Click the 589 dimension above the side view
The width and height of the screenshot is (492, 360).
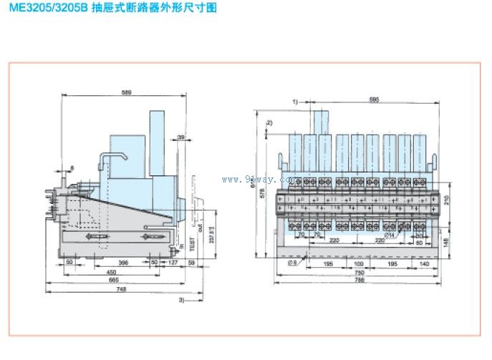click(x=127, y=93)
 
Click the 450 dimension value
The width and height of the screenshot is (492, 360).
click(x=112, y=272)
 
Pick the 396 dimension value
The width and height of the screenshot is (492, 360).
click(x=105, y=263)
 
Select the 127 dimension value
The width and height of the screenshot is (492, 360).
click(x=175, y=263)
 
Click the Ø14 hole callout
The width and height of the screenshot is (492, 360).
click(x=389, y=234)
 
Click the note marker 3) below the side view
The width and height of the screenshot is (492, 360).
click(x=182, y=299)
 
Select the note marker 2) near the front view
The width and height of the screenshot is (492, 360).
click(x=269, y=123)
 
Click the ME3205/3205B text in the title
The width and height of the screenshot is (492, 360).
click(x=44, y=9)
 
